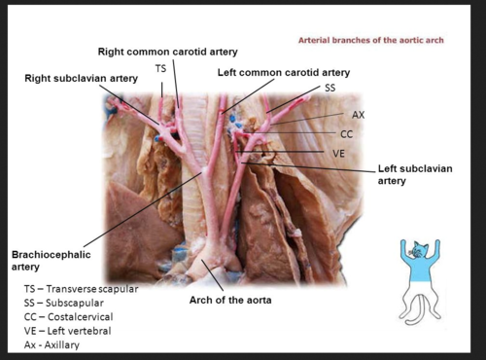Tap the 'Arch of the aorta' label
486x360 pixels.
pos(229,300)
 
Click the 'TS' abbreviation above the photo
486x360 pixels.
pos(160,68)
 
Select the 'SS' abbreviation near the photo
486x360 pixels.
pos(330,89)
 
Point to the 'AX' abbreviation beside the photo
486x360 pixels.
pos(359,115)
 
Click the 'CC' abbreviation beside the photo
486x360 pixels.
pos(346,133)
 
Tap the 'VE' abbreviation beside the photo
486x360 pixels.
pos(339,153)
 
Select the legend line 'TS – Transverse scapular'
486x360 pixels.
pos(82,289)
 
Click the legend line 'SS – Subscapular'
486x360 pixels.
pos(64,303)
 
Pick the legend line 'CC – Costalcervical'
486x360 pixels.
pos(67,316)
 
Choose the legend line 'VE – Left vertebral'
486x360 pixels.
pos(67,331)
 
